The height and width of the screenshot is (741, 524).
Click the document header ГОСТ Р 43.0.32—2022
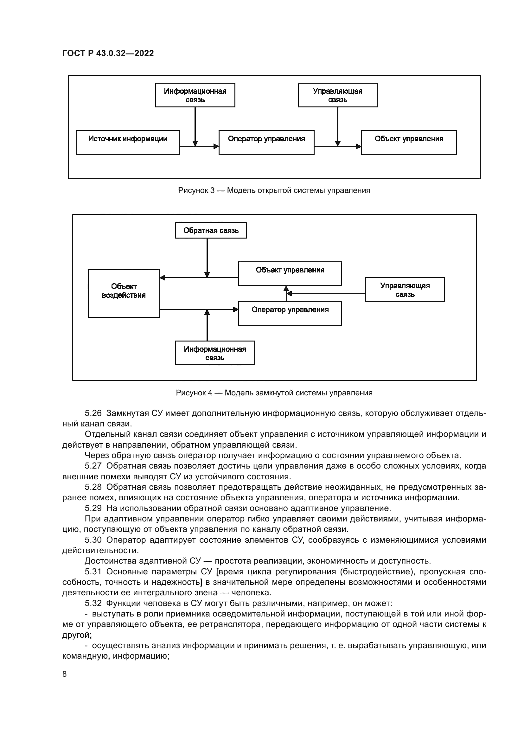(108, 53)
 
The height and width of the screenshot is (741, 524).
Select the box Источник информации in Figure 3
(128, 142)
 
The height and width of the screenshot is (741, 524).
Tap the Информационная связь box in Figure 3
(195, 95)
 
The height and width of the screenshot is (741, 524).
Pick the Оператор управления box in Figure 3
(266, 142)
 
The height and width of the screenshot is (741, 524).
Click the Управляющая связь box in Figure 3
(337, 95)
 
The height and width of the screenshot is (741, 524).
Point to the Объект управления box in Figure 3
(409, 142)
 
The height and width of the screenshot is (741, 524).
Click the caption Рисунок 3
(274, 190)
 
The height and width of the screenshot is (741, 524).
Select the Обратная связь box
(211, 230)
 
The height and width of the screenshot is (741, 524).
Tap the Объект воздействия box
(124, 293)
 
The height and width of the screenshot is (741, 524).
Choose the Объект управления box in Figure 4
(290, 273)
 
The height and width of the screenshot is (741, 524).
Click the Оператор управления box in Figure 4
(290, 313)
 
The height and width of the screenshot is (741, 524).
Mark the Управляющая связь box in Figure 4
(405, 290)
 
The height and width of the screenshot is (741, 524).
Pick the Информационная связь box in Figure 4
(214, 353)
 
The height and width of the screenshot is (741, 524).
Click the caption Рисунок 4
(274, 393)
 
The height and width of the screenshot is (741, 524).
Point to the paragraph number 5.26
(93, 413)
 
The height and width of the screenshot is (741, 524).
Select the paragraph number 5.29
(93, 508)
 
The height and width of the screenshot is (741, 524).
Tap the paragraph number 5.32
(93, 603)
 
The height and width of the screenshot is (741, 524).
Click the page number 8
(65, 674)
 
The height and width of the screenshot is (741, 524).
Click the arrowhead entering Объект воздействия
(162, 278)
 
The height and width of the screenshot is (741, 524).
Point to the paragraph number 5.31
(93, 572)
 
